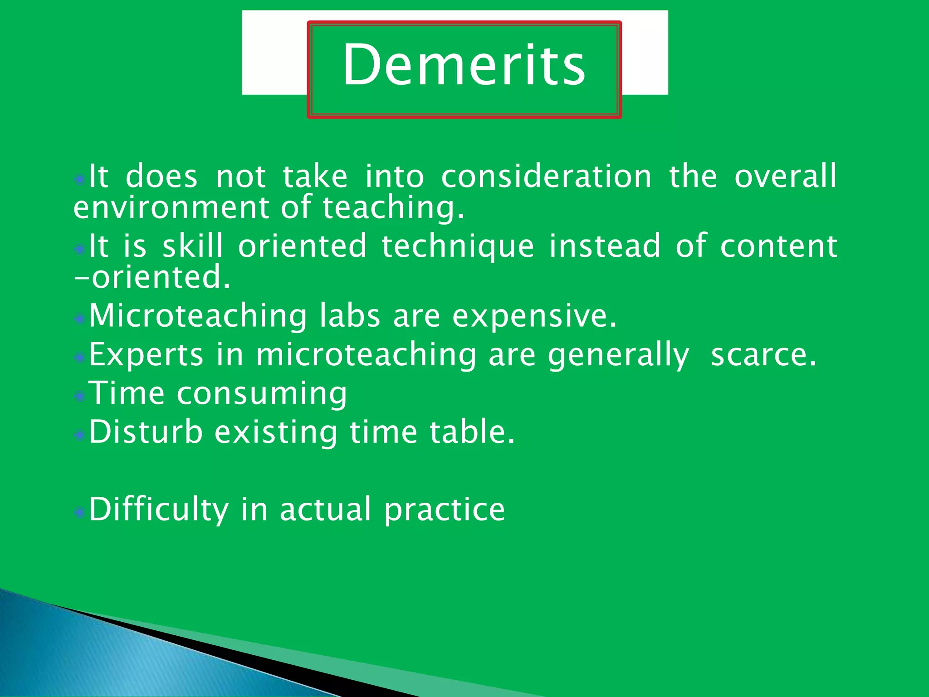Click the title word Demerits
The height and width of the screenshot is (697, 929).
click(464, 64)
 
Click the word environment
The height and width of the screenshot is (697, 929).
click(171, 207)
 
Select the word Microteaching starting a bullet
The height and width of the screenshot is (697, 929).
click(198, 316)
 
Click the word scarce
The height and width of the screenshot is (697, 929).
click(763, 355)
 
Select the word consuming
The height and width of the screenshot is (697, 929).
click(262, 394)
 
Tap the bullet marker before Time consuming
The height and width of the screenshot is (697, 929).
click(80, 396)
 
